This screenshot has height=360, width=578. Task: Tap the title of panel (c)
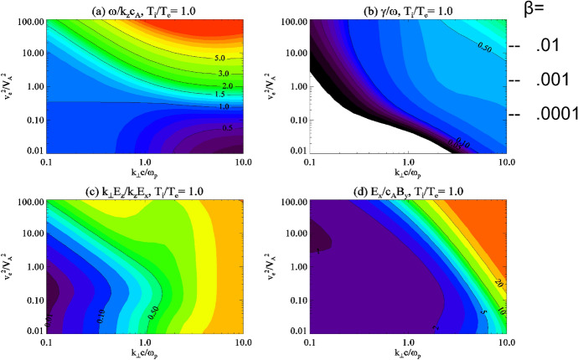(144, 193)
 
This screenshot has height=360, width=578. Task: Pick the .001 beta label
(553, 81)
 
